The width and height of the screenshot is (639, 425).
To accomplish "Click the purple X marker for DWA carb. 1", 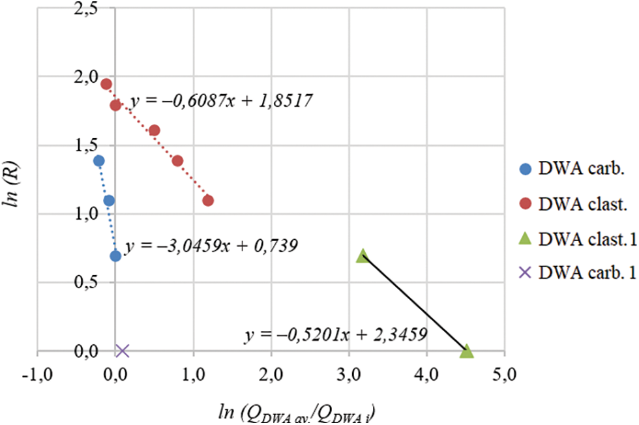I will pos(122,351).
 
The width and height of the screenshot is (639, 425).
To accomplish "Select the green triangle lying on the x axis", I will pos(466,352).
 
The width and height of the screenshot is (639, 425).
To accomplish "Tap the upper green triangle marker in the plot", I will pos(363,256).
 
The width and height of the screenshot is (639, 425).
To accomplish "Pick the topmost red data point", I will pos(106,84).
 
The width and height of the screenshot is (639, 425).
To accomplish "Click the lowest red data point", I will pos(208,200).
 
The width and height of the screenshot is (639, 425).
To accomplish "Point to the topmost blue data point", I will pos(99,161).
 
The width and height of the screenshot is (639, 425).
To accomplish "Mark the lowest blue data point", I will pos(115,256).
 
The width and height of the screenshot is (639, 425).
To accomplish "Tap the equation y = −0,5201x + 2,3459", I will pos(336,335).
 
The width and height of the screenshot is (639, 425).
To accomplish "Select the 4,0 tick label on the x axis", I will pos(426,375).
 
